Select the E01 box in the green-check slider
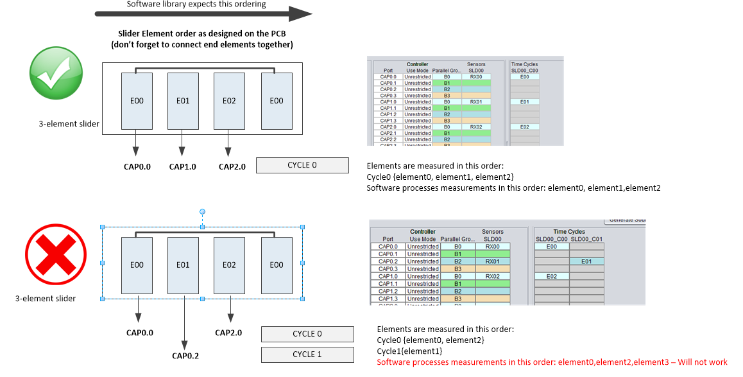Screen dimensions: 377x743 click(183, 101)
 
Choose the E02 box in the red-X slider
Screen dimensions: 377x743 click(229, 265)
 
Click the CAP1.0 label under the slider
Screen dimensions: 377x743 click(182, 167)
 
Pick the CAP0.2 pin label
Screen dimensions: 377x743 click(185, 356)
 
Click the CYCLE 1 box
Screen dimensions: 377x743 click(307, 355)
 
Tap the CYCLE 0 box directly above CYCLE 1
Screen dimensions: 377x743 click(307, 334)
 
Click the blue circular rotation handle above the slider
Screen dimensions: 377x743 click(202, 211)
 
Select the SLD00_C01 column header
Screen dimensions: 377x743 click(586, 239)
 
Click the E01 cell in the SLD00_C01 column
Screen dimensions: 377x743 click(586, 261)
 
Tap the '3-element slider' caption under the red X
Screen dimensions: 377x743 click(46, 299)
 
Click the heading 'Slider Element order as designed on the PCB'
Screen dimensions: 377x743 click(202, 33)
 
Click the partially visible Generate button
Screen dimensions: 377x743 click(626, 220)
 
